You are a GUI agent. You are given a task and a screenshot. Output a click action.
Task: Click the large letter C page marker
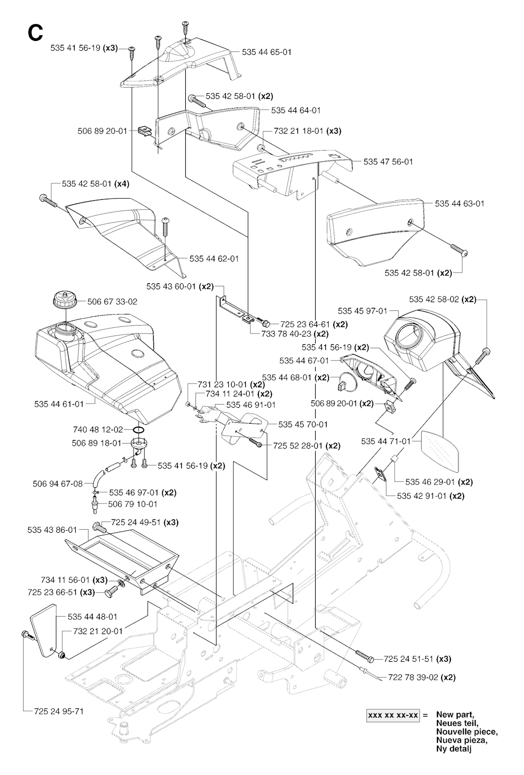point(35,32)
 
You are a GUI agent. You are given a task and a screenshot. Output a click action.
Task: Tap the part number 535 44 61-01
point(59,404)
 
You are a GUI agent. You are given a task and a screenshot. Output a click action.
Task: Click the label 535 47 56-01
point(388,161)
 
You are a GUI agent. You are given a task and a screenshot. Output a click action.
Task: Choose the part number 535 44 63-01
point(460,203)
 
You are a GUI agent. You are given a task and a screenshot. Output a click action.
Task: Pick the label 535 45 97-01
point(362,311)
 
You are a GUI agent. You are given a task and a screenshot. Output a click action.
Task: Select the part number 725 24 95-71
point(59,711)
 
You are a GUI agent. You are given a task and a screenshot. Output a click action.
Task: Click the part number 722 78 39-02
point(413,677)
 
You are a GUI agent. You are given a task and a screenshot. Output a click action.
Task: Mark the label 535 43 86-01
point(52,530)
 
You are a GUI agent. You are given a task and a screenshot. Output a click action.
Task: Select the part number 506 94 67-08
point(57,483)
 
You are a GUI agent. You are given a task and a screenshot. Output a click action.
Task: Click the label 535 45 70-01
point(303,424)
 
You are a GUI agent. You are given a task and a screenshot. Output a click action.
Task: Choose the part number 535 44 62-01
point(214,259)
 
